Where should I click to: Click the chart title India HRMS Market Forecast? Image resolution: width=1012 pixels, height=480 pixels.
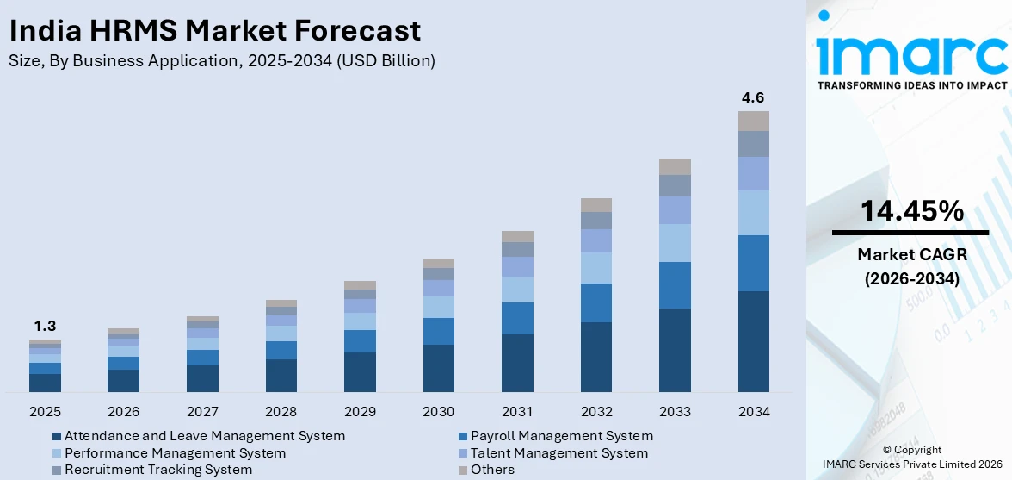tap(214, 31)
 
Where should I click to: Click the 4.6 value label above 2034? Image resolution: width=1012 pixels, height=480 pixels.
tap(753, 97)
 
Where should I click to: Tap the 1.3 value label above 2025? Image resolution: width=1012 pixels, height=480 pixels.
tap(45, 326)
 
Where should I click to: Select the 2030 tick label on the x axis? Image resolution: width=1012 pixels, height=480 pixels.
tap(439, 411)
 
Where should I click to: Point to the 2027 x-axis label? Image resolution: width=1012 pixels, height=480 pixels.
tap(202, 411)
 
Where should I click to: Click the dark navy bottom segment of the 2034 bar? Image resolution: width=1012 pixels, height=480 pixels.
tap(753, 341)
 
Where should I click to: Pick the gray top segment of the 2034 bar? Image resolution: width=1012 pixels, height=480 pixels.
tap(753, 121)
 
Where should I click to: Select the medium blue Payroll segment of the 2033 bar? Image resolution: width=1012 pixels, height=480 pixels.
tap(675, 285)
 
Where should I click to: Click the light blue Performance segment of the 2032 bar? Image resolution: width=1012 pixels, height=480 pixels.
tap(595, 268)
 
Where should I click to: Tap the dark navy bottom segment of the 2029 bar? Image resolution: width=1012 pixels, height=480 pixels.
tap(360, 372)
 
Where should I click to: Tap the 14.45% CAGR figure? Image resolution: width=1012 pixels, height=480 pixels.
tap(911, 210)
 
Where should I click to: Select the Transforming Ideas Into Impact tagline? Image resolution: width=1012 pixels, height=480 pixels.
tap(911, 85)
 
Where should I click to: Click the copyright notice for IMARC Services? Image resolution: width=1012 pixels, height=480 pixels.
tap(911, 458)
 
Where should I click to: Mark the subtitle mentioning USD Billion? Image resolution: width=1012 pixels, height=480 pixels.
tap(222, 60)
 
